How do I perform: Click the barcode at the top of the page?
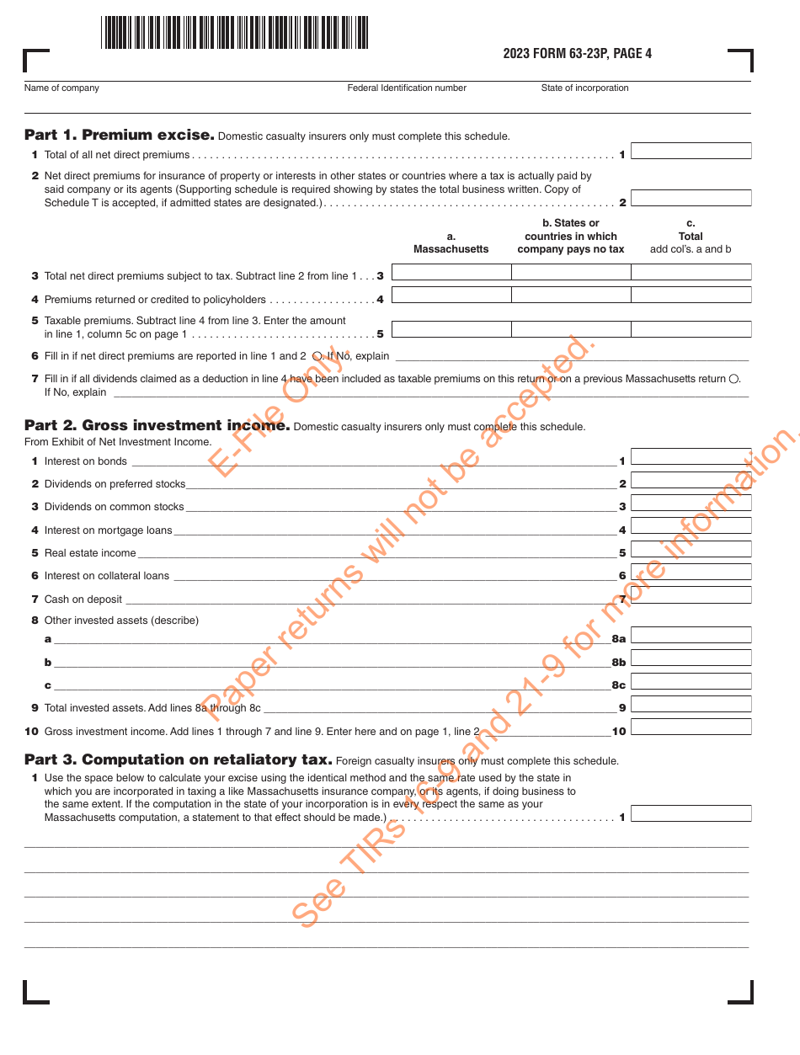[x=235, y=33]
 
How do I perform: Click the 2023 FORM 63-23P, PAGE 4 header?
[x=577, y=54]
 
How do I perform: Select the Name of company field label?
[x=61, y=88]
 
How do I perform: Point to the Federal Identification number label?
[x=407, y=88]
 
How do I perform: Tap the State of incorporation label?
[x=584, y=88]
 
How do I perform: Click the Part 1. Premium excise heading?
[x=118, y=135]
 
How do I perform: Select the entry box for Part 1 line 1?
[x=691, y=152]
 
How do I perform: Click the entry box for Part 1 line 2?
[x=691, y=199]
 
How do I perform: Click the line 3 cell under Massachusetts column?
[x=451, y=272]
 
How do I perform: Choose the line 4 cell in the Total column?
[x=691, y=296]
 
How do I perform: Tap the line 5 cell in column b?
[x=571, y=329]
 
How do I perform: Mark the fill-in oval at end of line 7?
[x=733, y=379]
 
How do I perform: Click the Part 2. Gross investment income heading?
[x=157, y=426]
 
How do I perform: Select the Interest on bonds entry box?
[x=691, y=457]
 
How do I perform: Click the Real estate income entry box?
[x=691, y=550]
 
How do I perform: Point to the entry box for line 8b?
[x=691, y=658]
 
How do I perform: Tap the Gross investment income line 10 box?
[x=691, y=727]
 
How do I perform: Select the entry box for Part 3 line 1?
[x=691, y=814]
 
